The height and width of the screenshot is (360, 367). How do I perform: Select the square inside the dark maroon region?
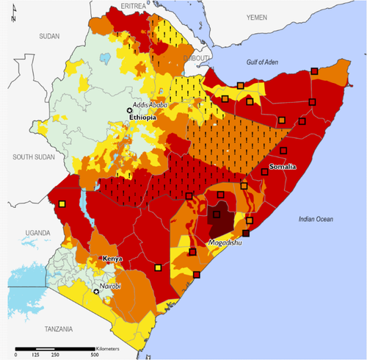(x=216, y=215)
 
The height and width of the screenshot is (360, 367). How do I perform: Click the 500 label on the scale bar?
(x=94, y=355)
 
